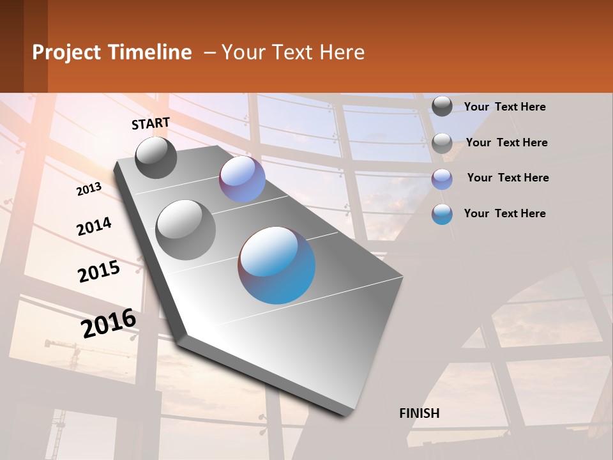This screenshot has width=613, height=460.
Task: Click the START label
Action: click(151, 123)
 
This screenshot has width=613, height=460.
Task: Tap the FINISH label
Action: click(419, 413)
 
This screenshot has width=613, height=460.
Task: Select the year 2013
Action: click(89, 188)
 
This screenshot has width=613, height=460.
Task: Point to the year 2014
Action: click(94, 226)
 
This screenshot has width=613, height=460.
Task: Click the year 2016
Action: click(109, 323)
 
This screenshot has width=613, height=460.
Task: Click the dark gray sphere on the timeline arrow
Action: click(156, 158)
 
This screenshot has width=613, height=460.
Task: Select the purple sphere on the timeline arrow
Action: click(242, 179)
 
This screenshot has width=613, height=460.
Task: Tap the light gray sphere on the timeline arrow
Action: click(186, 229)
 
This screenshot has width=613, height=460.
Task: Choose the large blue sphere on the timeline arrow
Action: click(276, 265)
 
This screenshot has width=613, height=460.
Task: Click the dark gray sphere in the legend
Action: click(442, 106)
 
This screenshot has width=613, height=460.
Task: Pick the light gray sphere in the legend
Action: click(442, 143)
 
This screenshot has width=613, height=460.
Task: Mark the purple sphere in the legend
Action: click(442, 179)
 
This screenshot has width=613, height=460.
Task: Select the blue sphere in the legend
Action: click(442, 214)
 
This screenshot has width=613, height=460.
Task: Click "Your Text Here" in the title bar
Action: click(293, 52)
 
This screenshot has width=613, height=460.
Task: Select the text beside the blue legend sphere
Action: click(504, 213)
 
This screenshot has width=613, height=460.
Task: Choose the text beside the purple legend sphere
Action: click(508, 178)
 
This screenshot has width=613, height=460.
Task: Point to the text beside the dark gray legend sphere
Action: click(504, 107)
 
